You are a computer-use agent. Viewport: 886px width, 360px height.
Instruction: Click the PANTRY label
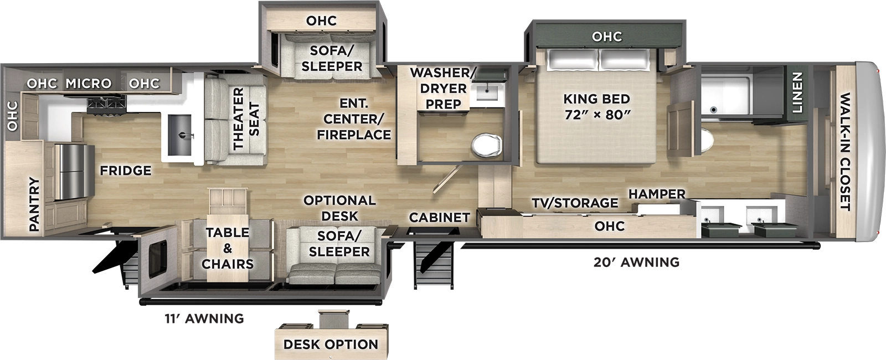(34, 204)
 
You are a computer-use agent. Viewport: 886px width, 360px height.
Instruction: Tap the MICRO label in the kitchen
(89, 84)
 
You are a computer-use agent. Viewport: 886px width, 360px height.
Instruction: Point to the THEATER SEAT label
(246, 119)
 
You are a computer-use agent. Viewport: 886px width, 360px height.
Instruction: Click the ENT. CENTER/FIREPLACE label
(354, 119)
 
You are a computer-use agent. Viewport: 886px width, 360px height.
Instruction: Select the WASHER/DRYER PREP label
(442, 88)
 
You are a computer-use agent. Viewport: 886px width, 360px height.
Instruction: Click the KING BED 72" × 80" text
(596, 106)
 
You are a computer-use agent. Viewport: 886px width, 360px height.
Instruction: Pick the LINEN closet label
(797, 93)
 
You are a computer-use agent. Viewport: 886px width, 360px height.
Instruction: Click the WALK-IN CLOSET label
(844, 152)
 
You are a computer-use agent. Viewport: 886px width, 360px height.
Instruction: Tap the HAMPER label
(657, 194)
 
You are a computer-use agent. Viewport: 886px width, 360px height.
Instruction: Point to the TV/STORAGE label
(575, 203)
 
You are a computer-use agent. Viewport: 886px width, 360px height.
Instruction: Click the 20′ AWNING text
(636, 262)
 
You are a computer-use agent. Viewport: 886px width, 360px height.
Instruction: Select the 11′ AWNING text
(204, 318)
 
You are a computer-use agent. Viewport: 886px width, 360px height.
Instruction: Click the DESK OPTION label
(331, 344)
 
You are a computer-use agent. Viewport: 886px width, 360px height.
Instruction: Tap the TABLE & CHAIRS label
(228, 248)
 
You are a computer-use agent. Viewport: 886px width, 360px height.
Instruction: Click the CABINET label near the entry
(439, 218)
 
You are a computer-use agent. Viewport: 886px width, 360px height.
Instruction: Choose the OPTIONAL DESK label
(339, 208)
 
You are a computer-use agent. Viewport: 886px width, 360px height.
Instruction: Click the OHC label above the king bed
(606, 37)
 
